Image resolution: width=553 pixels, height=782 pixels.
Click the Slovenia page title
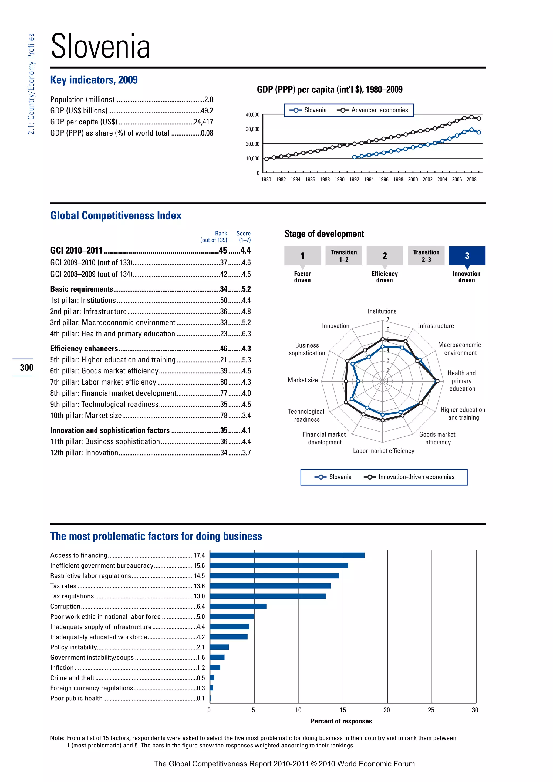[x=100, y=47]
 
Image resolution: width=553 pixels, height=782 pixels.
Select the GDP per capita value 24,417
[x=203, y=122]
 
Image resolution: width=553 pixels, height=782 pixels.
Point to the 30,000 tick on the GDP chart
[x=253, y=129]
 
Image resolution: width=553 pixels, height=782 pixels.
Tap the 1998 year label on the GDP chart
[x=398, y=180]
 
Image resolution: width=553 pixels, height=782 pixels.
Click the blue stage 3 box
[x=467, y=256]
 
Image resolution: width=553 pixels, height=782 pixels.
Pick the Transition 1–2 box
[x=343, y=256]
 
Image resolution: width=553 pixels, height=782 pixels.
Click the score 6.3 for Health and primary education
[x=246, y=334]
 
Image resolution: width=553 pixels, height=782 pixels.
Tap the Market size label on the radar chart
[x=302, y=380]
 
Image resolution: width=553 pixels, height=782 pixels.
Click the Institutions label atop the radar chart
[x=382, y=311]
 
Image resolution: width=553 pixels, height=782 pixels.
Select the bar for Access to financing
[x=287, y=555]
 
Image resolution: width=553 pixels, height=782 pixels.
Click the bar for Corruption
[x=238, y=606]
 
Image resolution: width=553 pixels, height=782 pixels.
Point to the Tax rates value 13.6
[x=199, y=586]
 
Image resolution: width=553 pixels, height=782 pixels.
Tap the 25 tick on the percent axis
[x=431, y=710]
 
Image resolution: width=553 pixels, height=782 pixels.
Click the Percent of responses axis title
[x=341, y=721]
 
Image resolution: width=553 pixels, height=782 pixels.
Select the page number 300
[x=26, y=368]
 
